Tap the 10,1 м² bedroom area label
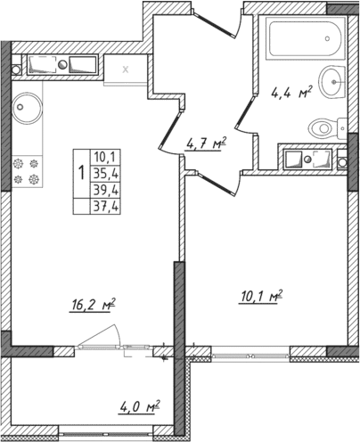262,295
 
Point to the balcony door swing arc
106,336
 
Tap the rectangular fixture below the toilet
312,160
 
